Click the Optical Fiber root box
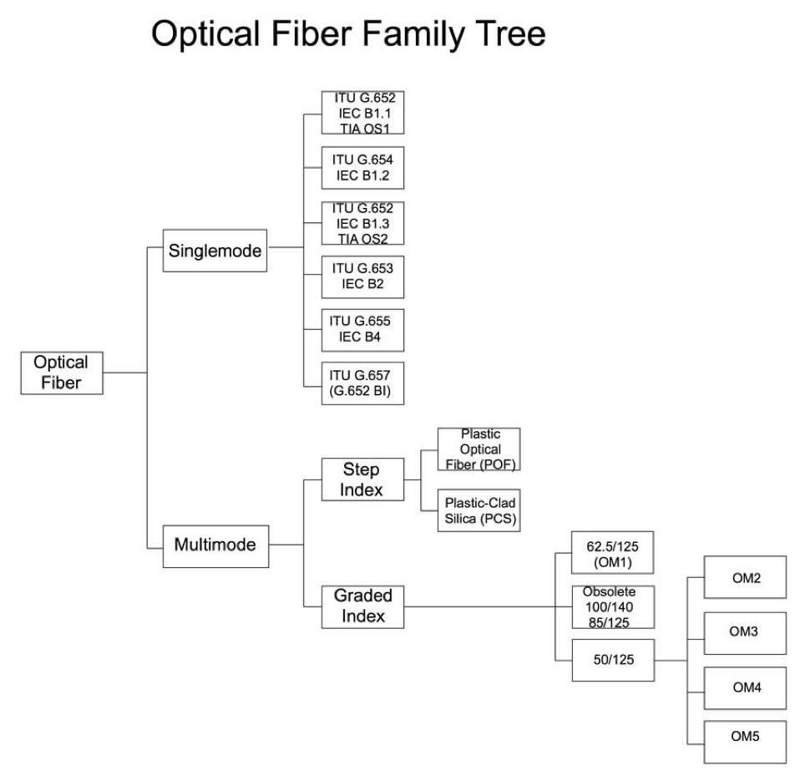point(62,373)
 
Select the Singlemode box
point(215,251)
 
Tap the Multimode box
point(215,546)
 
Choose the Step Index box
point(362,479)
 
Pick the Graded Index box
point(362,606)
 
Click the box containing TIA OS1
point(362,113)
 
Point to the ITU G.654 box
point(362,168)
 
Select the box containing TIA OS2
point(362,223)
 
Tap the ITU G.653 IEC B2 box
point(362,276)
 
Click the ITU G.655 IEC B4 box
point(362,330)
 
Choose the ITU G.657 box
point(362,383)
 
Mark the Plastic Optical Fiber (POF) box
point(478,449)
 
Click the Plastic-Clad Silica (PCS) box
point(478,510)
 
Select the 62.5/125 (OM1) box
point(612,553)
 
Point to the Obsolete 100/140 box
point(613,606)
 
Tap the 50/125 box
point(613,660)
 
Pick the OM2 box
point(745,576)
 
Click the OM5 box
point(745,742)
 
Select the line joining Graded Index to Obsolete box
point(488,606)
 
